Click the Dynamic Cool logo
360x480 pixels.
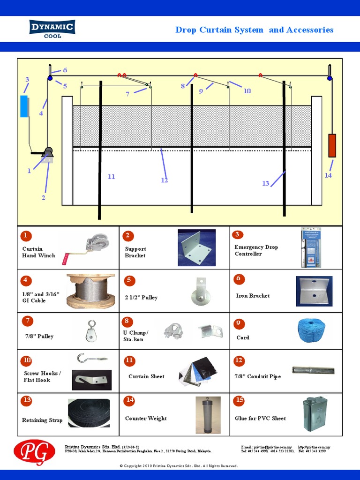click(52, 29)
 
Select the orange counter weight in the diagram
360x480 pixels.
click(332, 145)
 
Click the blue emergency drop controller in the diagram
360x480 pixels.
click(24, 106)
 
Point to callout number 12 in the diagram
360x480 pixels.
click(164, 180)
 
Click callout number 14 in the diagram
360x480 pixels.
click(328, 175)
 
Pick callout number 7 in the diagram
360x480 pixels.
click(127, 94)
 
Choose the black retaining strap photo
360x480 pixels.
click(89, 413)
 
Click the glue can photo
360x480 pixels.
click(315, 414)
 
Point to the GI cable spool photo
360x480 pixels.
click(90, 291)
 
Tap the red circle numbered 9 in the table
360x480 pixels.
click(239, 323)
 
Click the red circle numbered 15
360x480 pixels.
click(240, 400)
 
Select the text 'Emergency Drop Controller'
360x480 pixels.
click(256, 250)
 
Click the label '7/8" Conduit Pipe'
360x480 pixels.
click(257, 376)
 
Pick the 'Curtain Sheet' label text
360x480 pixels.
click(146, 376)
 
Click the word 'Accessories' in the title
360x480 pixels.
click(310, 30)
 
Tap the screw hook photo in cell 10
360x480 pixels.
click(92, 359)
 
